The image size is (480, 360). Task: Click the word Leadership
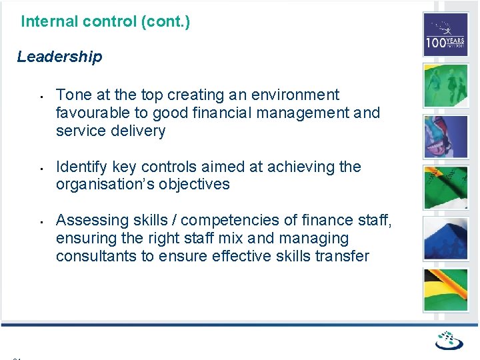point(59,57)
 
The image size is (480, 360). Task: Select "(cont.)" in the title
point(165,21)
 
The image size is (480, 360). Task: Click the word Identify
point(81,167)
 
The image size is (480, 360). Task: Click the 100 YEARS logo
point(445,35)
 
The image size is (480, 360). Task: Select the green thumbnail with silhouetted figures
point(445,85)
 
